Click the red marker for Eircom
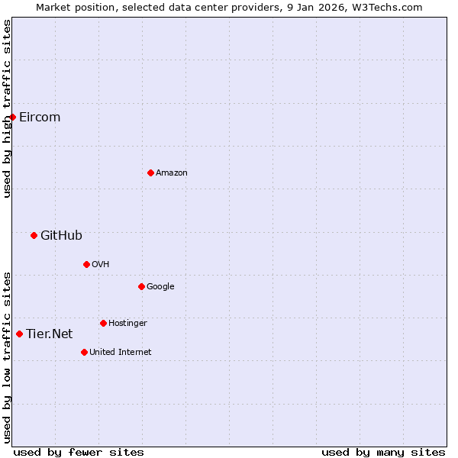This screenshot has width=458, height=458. click(x=13, y=117)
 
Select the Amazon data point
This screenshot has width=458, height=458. click(x=150, y=173)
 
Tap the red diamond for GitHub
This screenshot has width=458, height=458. click(x=34, y=235)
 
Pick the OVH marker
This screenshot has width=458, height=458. click(x=86, y=264)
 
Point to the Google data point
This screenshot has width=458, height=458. click(x=141, y=286)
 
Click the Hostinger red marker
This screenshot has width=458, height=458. click(x=103, y=323)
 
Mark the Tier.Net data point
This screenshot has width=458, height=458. click(x=19, y=334)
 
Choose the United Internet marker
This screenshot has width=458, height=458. click(x=84, y=352)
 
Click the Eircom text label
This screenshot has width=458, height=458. click(x=40, y=117)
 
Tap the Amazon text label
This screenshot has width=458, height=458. click(x=172, y=173)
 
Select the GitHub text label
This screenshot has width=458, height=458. click(x=61, y=235)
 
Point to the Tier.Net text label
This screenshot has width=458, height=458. click(x=50, y=334)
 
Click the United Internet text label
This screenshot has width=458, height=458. click(x=121, y=352)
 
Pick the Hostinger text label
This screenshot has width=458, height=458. click(x=127, y=323)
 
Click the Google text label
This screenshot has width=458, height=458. click(x=160, y=286)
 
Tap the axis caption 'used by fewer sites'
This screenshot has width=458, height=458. click(x=79, y=452)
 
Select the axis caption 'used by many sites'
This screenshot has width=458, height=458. click(x=383, y=452)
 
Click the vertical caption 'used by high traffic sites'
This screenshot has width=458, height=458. click(x=7, y=108)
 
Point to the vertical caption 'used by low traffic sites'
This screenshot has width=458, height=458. click(x=7, y=356)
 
